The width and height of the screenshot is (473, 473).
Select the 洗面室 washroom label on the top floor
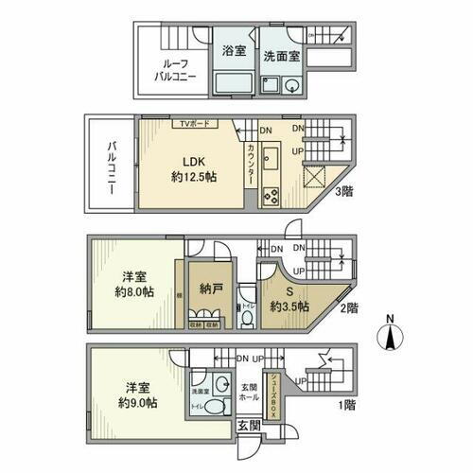(x=281, y=56)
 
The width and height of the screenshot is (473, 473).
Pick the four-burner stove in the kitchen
(x=269, y=197)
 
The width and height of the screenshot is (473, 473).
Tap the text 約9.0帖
(x=138, y=404)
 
